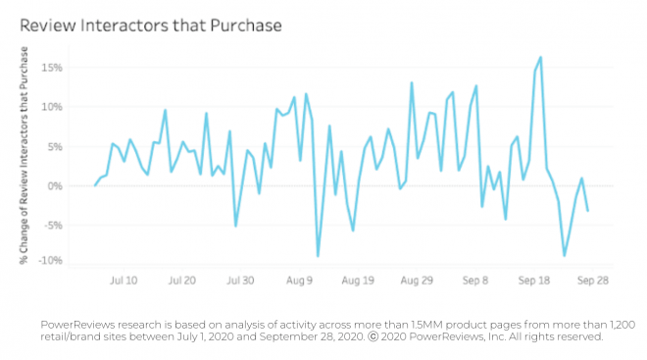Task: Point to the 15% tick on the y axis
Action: click(x=50, y=68)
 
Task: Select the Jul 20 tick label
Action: click(x=183, y=280)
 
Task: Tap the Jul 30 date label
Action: click(x=241, y=280)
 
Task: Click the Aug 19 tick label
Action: click(x=358, y=280)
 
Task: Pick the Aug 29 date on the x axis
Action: click(x=417, y=280)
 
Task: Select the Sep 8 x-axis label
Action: click(x=475, y=280)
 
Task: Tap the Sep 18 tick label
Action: click(x=535, y=280)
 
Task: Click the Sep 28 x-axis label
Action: click(x=594, y=280)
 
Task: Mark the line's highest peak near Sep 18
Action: click(x=541, y=57)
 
